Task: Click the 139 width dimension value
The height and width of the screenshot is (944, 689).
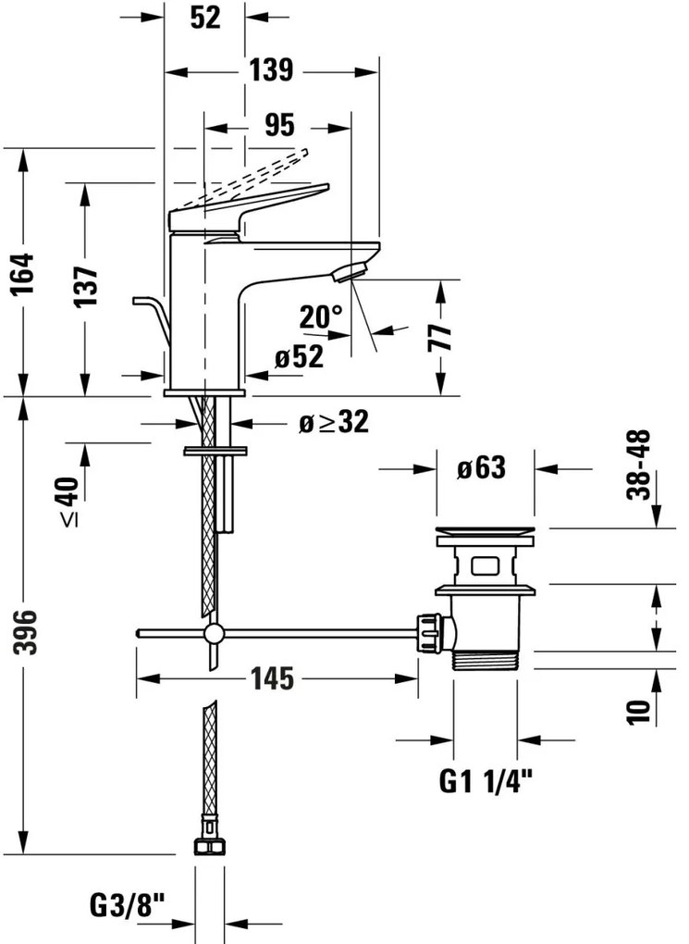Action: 271,69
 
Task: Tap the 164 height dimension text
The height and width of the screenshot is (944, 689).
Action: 24,275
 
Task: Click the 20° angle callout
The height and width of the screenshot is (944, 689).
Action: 321,317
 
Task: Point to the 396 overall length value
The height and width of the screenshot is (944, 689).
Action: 25,633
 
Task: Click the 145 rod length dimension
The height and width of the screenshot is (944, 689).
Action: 271,678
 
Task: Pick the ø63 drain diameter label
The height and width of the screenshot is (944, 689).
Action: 481,468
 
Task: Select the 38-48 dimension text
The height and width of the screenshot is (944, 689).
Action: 639,465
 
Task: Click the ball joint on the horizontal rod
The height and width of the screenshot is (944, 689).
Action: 214,633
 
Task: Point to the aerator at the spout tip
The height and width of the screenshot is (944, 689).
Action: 351,270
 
